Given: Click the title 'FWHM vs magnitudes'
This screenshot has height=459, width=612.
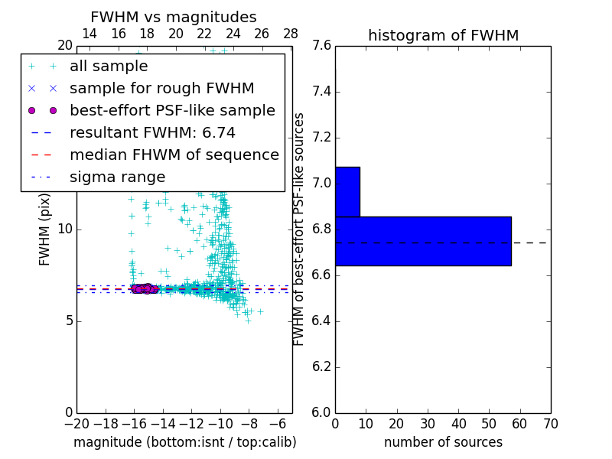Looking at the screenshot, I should point(174,18).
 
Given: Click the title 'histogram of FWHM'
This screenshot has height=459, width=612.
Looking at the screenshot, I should point(443,35).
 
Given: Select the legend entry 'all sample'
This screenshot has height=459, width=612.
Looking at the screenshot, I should point(109,67).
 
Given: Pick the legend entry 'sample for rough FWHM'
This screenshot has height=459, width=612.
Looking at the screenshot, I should point(161,89).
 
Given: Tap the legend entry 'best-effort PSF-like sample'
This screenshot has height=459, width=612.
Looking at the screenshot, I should point(172,111).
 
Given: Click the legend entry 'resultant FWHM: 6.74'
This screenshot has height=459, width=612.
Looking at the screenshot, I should point(152,133).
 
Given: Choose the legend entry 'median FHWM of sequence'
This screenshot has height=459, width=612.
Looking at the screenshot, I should point(174,155).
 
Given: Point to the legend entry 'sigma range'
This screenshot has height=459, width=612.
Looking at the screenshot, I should point(117,177).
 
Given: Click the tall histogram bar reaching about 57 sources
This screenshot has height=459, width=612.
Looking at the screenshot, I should point(423,241).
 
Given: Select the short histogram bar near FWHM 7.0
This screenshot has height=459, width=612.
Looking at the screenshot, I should point(347,191).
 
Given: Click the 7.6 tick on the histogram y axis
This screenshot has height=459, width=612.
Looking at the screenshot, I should point(321,47).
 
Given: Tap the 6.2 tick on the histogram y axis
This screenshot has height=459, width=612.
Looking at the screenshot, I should point(321,366).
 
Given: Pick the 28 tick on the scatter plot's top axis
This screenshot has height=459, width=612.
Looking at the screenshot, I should point(291,34).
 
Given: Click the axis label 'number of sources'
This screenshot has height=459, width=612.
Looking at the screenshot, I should point(443,442).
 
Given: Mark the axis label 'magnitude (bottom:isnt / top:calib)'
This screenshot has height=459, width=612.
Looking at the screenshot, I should point(184,442).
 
